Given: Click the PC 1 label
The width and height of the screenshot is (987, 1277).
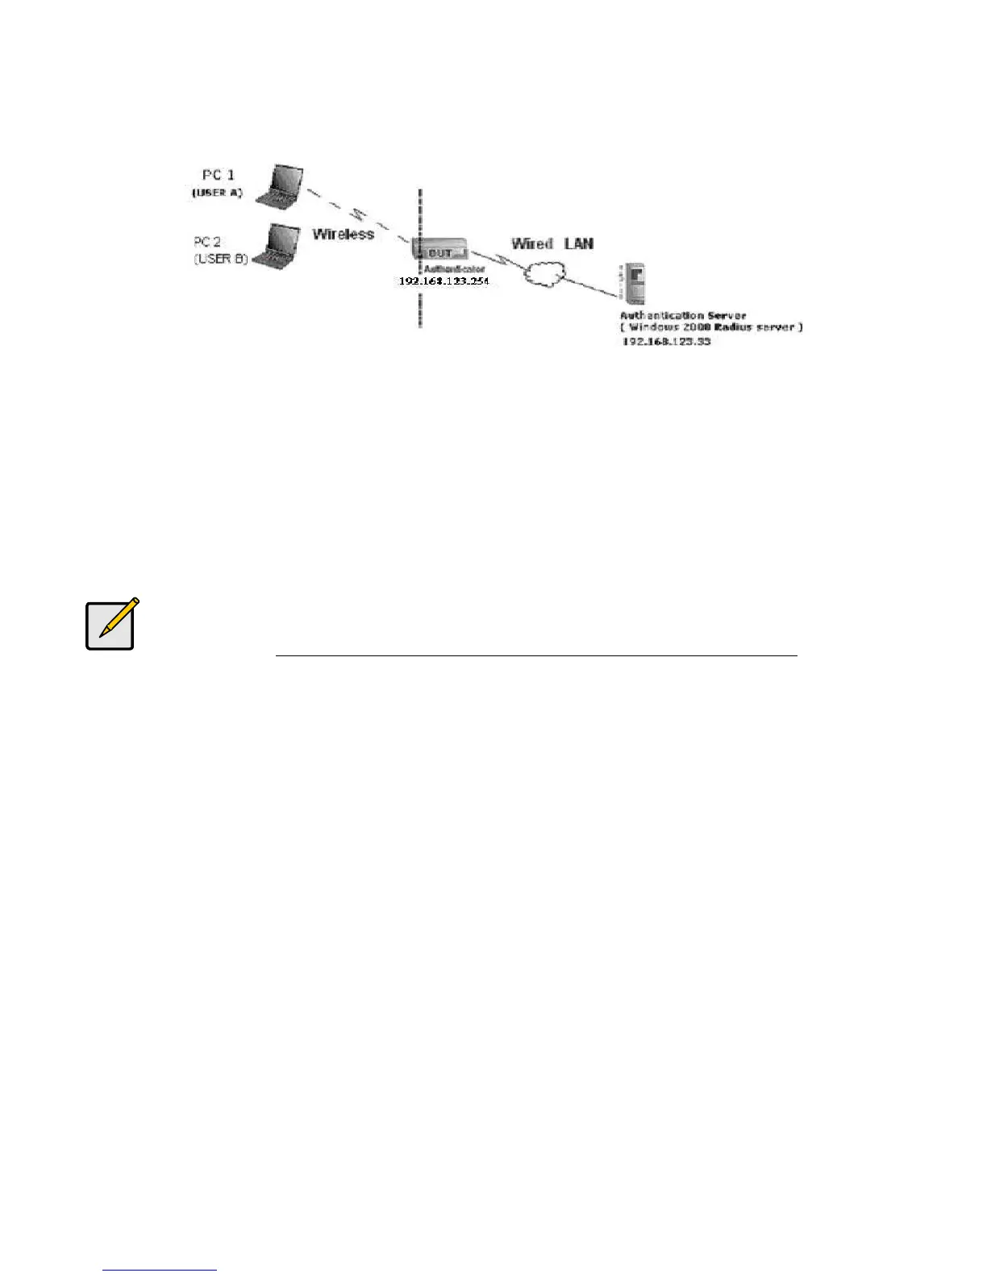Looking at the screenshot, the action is point(218,174).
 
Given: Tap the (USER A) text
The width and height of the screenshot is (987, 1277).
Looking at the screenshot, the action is point(218,193).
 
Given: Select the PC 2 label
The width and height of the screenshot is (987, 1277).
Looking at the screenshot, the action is point(207,241).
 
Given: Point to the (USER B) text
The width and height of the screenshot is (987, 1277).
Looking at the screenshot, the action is point(220,259).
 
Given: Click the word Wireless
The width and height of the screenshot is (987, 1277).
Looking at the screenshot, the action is point(344,234).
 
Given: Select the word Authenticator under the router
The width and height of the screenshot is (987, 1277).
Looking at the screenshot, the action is point(454,268).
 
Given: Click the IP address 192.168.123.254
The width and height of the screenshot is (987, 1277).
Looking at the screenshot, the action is point(444,281).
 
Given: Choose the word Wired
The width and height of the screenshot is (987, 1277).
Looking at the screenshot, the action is point(532,243).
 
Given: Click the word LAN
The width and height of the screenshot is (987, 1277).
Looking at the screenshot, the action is point(579,243).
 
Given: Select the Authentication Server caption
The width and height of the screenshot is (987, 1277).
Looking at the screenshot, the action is point(682,315).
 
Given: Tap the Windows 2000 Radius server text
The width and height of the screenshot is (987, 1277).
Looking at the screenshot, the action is point(711,327).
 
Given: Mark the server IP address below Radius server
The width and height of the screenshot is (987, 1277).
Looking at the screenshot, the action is point(666,342).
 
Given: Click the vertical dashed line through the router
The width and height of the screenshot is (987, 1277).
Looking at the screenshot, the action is point(420,306).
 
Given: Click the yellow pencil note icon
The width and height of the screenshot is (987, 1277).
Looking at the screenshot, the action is point(111,624).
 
